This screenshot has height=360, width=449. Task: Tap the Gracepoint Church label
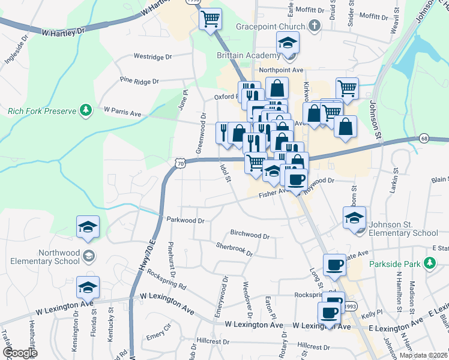(x=270, y=26)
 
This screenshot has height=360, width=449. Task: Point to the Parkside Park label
(x=394, y=263)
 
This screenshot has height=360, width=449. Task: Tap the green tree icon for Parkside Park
(x=429, y=263)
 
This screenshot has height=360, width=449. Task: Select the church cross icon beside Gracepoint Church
(x=313, y=26)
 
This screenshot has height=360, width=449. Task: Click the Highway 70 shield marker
(x=181, y=162)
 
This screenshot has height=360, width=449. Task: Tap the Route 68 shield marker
(x=424, y=139)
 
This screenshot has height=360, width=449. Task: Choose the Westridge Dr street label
(x=152, y=57)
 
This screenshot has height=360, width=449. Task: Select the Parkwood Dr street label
(x=185, y=220)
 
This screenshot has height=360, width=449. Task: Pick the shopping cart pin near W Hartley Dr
(x=210, y=19)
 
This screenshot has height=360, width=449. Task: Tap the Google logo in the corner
(x=20, y=353)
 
